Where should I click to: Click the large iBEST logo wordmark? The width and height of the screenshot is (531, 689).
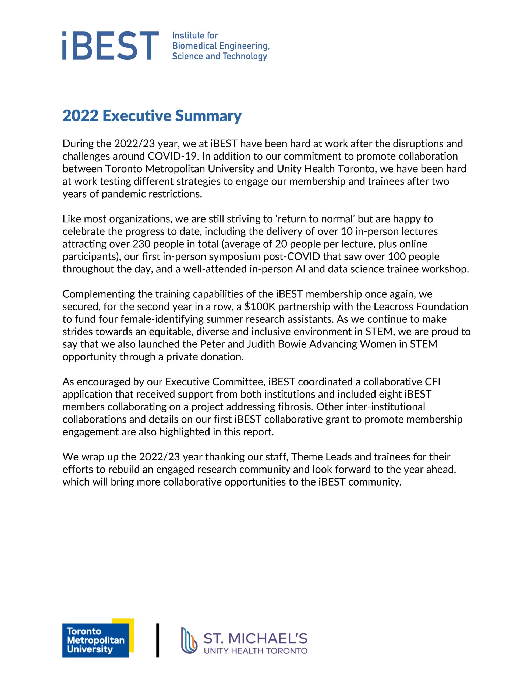pyautogui.click(x=110, y=46)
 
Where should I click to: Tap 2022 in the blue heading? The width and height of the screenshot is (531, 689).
pyautogui.click(x=80, y=116)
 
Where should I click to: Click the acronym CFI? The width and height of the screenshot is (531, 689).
pyautogui.click(x=433, y=382)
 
